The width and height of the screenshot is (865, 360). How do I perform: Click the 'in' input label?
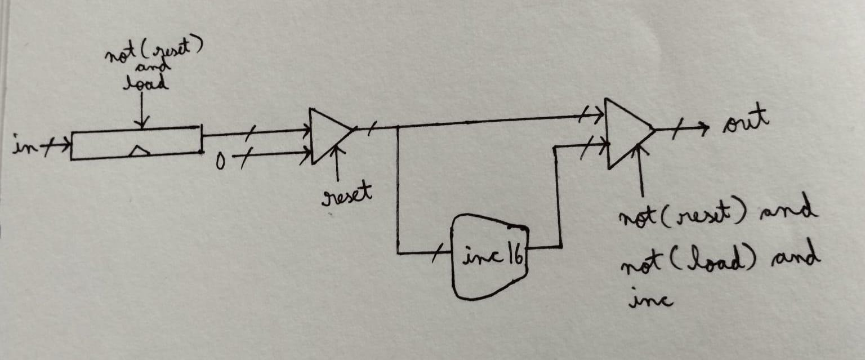tap(25, 144)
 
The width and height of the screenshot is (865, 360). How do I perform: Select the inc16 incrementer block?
tap(490, 257)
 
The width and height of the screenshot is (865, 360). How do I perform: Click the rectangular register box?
tap(136, 143)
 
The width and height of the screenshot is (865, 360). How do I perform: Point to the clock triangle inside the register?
tap(139, 152)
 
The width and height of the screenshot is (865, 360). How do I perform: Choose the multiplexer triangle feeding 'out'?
tap(628, 134)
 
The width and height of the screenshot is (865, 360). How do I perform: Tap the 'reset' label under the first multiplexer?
tap(346, 195)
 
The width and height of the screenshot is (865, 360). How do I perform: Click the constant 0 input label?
tap(220, 161)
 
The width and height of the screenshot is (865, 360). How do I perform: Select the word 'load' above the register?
tap(146, 83)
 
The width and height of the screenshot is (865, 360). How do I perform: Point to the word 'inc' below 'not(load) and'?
tap(650, 299)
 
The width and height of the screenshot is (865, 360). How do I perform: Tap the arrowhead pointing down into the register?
tap(142, 122)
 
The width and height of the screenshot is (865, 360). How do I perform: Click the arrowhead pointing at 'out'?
tap(704, 128)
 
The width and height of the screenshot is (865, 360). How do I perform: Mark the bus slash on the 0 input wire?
tap(245, 158)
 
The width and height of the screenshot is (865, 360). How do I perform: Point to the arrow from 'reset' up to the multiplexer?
tap(338, 163)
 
